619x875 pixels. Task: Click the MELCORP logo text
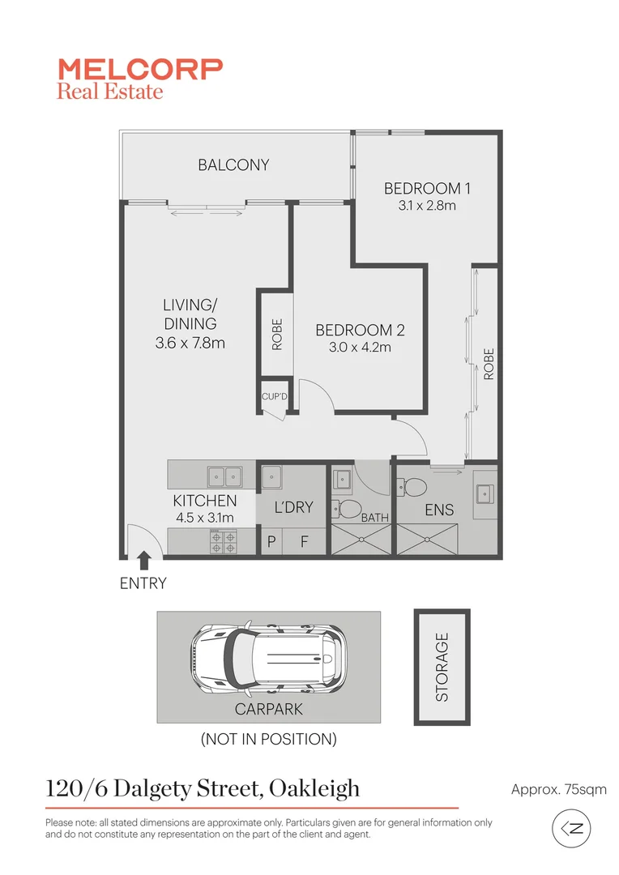(x=139, y=68)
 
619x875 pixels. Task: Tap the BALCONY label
(x=233, y=165)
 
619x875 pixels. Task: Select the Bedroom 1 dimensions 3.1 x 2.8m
(x=427, y=206)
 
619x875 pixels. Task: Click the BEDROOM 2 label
(x=360, y=331)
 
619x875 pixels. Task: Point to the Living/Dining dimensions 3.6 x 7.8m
(x=190, y=343)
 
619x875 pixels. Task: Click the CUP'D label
(x=274, y=397)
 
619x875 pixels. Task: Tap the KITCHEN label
(x=205, y=502)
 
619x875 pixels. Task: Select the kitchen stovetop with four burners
(x=223, y=540)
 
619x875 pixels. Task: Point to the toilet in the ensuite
(x=415, y=487)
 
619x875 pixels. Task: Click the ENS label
(x=439, y=510)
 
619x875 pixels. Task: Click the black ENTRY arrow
(x=143, y=558)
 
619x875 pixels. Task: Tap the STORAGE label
(x=442, y=666)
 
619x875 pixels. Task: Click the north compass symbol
(x=571, y=828)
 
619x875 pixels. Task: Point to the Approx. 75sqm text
(x=558, y=789)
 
